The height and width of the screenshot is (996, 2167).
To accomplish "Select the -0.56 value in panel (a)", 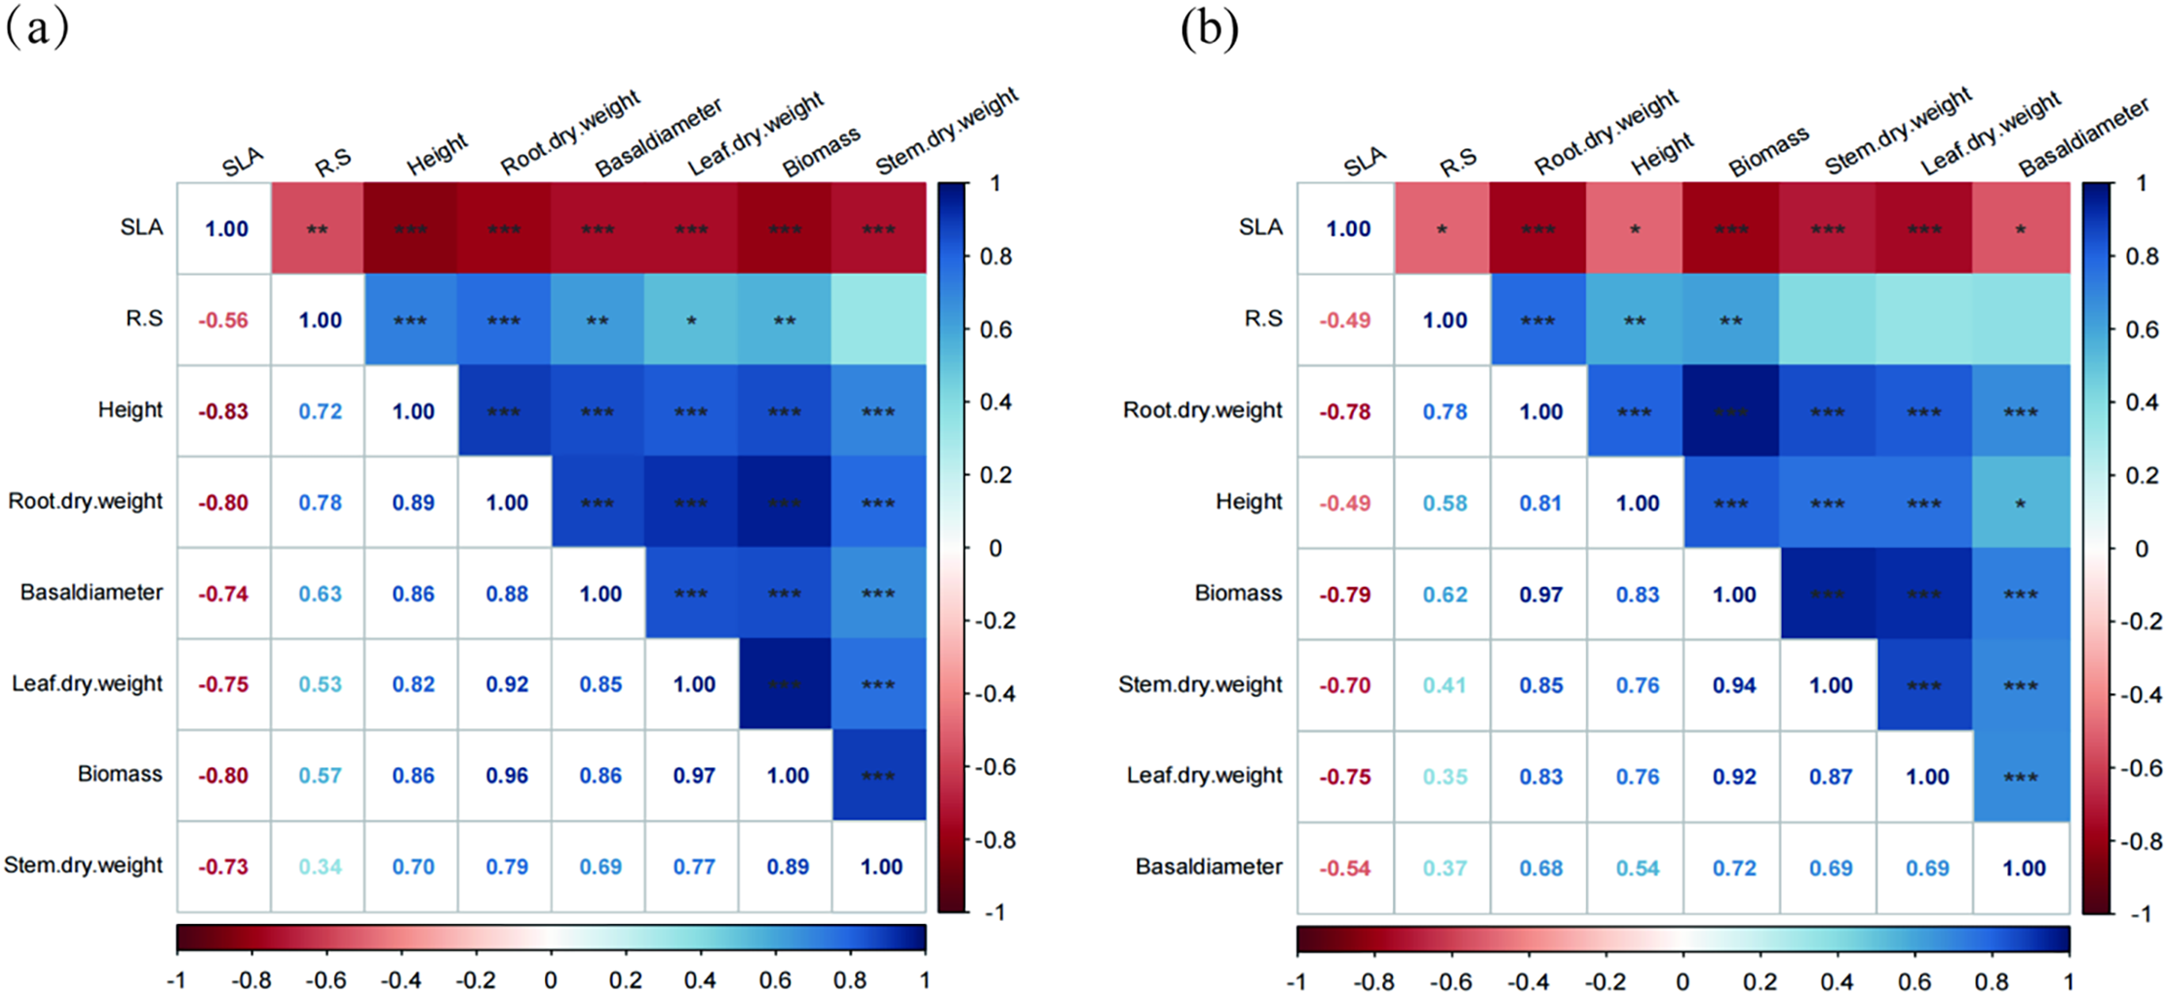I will coord(223,321).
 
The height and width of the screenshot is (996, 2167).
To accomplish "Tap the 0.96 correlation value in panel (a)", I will coord(507,776).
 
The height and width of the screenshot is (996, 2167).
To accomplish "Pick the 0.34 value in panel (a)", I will coord(321,866).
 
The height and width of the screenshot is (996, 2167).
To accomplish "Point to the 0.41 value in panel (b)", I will coord(1444,685).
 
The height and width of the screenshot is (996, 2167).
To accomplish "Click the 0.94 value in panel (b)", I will coord(1733,685).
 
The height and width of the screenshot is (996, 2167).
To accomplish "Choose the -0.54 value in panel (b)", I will coord(1344,867).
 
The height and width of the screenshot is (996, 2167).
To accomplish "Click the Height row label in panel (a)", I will coord(130,410).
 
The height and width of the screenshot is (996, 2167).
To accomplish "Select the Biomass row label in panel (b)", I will coord(1238,594).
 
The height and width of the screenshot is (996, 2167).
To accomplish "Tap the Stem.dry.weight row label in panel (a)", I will coord(84,865).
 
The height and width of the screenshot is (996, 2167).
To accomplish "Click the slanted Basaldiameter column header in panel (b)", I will coord(2083,138).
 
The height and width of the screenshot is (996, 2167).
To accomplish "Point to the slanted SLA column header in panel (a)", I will coord(243,161).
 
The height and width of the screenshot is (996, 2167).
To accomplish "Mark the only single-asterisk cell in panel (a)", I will coord(691,321).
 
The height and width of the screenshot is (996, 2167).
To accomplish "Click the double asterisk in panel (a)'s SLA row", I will coord(317,230).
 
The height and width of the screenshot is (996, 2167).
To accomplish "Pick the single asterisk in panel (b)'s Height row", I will coord(2020,504).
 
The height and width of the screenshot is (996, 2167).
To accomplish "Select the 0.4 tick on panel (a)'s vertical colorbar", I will coord(995,402).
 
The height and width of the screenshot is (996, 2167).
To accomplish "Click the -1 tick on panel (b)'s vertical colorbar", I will coord(2141,913).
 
